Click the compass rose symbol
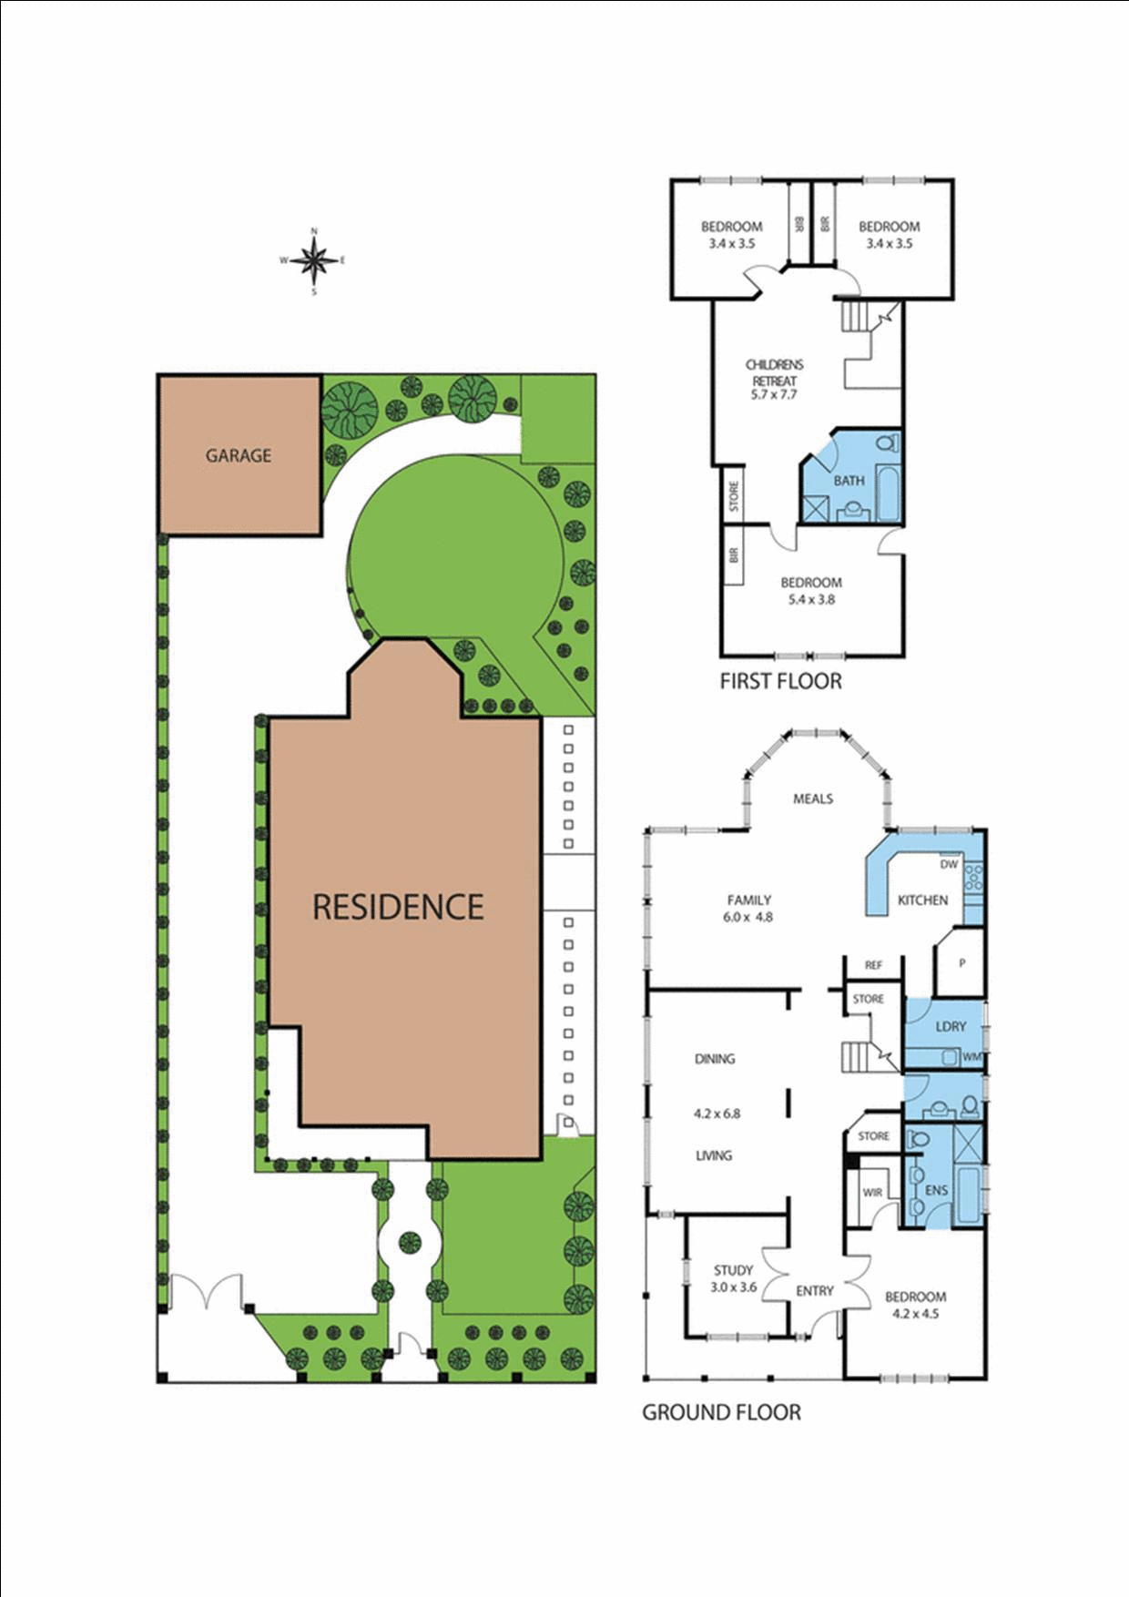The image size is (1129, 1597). point(314,261)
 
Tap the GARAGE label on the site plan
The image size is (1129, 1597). point(239,455)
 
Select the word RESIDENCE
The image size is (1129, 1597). point(398,907)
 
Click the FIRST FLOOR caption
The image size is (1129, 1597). point(780,681)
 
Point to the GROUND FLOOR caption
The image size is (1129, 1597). point(722,1412)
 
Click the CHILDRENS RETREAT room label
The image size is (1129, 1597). point(774,372)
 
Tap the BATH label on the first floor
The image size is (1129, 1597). point(849,481)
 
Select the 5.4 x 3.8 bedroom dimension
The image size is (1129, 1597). point(811,599)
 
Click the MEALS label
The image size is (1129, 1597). point(813,798)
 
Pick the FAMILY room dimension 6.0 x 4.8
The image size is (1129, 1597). point(748,917)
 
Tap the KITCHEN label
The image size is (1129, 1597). point(922,900)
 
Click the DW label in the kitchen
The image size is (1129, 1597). point(949,864)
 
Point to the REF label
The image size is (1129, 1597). point(873,965)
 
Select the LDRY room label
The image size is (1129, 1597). point(951,1026)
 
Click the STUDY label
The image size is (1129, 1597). point(733,1270)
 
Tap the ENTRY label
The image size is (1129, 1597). point(814,1291)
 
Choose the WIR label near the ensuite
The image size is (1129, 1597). point(872,1192)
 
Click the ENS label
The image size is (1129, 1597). point(936,1190)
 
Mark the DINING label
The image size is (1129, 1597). point(715,1059)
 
